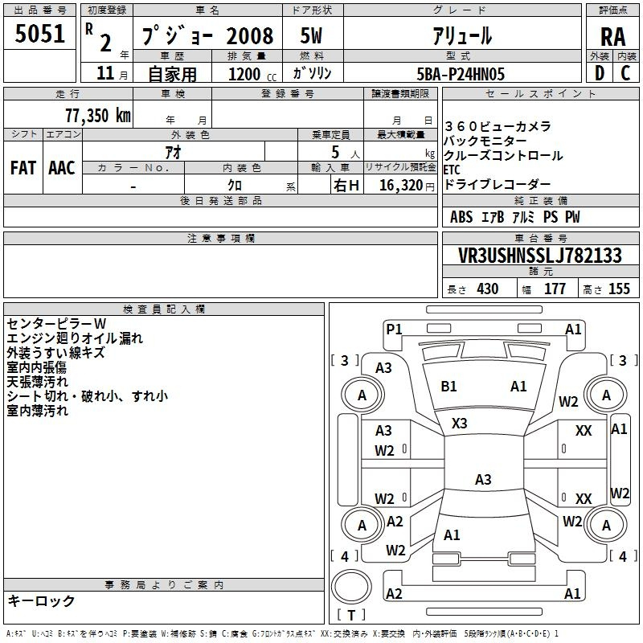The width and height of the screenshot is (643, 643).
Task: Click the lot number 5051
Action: (39, 34)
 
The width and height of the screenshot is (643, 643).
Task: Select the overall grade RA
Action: (612, 37)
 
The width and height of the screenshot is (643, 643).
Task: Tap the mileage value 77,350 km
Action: (98, 116)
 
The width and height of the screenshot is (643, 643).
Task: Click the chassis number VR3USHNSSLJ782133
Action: (540, 255)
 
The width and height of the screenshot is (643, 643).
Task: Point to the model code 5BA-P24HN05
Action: (461, 74)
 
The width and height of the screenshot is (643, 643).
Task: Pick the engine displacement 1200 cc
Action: (252, 74)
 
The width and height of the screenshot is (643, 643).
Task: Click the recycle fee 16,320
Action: (400, 186)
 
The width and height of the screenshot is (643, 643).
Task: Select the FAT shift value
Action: (23, 168)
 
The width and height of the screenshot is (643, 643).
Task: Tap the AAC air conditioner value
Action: (62, 168)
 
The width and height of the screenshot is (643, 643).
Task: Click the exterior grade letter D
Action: (599, 73)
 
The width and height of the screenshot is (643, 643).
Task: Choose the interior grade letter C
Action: (625, 73)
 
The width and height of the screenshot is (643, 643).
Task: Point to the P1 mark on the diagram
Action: (394, 330)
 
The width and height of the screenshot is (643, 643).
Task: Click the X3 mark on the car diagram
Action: (459, 424)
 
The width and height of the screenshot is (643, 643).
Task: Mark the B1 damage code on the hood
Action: (448, 387)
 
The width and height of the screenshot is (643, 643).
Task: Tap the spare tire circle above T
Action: (351, 587)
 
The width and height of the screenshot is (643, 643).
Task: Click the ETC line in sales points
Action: (452, 170)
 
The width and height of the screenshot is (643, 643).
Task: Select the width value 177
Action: (555, 289)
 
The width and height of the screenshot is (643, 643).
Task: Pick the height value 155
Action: (619, 289)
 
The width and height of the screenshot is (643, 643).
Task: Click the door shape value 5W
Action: (311, 35)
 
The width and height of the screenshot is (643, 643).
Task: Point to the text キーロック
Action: (42, 600)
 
